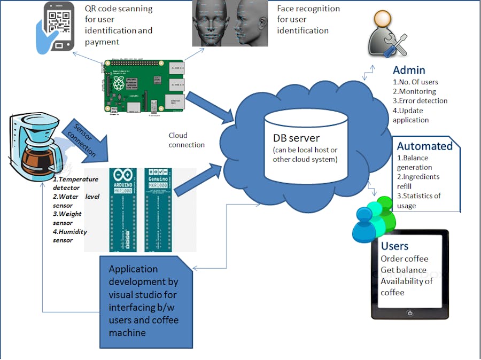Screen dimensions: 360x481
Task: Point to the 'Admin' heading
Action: (x=409, y=70)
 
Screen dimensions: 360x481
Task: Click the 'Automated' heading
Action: (x=425, y=146)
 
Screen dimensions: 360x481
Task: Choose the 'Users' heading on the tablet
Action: (x=394, y=246)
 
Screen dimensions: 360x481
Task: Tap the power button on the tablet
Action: (x=409, y=313)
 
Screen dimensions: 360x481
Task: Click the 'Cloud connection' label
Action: (x=187, y=140)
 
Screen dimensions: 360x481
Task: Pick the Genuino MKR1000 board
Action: (x=158, y=210)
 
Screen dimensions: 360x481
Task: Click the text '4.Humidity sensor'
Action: (x=70, y=236)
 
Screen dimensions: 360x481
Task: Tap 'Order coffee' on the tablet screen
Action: (x=404, y=259)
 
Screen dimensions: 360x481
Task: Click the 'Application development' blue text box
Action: (x=144, y=300)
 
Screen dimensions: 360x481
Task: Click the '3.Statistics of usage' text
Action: (x=419, y=200)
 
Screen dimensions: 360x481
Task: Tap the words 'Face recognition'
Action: (x=308, y=9)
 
